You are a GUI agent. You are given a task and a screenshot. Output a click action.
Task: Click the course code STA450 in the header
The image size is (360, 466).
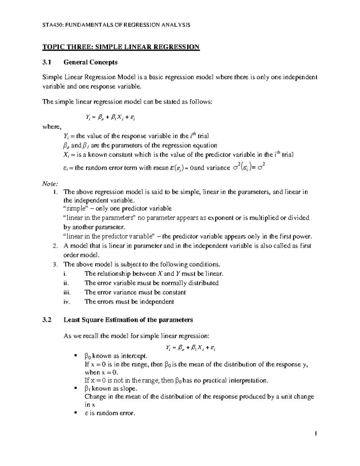pos(52,25)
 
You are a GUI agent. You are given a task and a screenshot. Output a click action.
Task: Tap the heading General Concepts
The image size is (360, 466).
pos(90,62)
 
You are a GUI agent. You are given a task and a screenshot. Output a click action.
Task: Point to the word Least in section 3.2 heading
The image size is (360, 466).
pos(71,320)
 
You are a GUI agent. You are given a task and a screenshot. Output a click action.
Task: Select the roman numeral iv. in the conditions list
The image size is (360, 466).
pos(67,302)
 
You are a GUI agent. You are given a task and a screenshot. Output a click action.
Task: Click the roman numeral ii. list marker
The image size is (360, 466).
pos(66,283)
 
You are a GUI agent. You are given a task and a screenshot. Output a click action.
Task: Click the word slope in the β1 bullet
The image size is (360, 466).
pos(129,389)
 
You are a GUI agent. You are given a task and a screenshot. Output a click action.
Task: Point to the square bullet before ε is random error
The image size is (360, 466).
pos(76,413)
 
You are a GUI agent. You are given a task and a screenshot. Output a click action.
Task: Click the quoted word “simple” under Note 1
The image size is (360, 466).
pos(74,209)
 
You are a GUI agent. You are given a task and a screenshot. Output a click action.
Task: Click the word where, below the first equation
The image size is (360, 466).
pos(51,127)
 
